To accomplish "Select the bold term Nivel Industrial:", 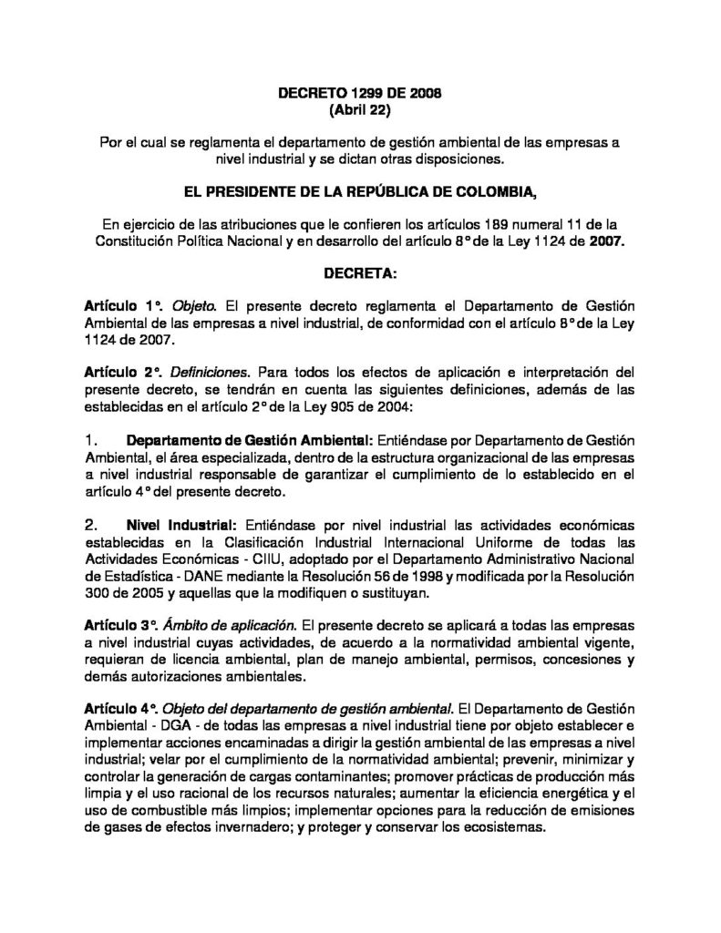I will pyautogui.click(x=181, y=526).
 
